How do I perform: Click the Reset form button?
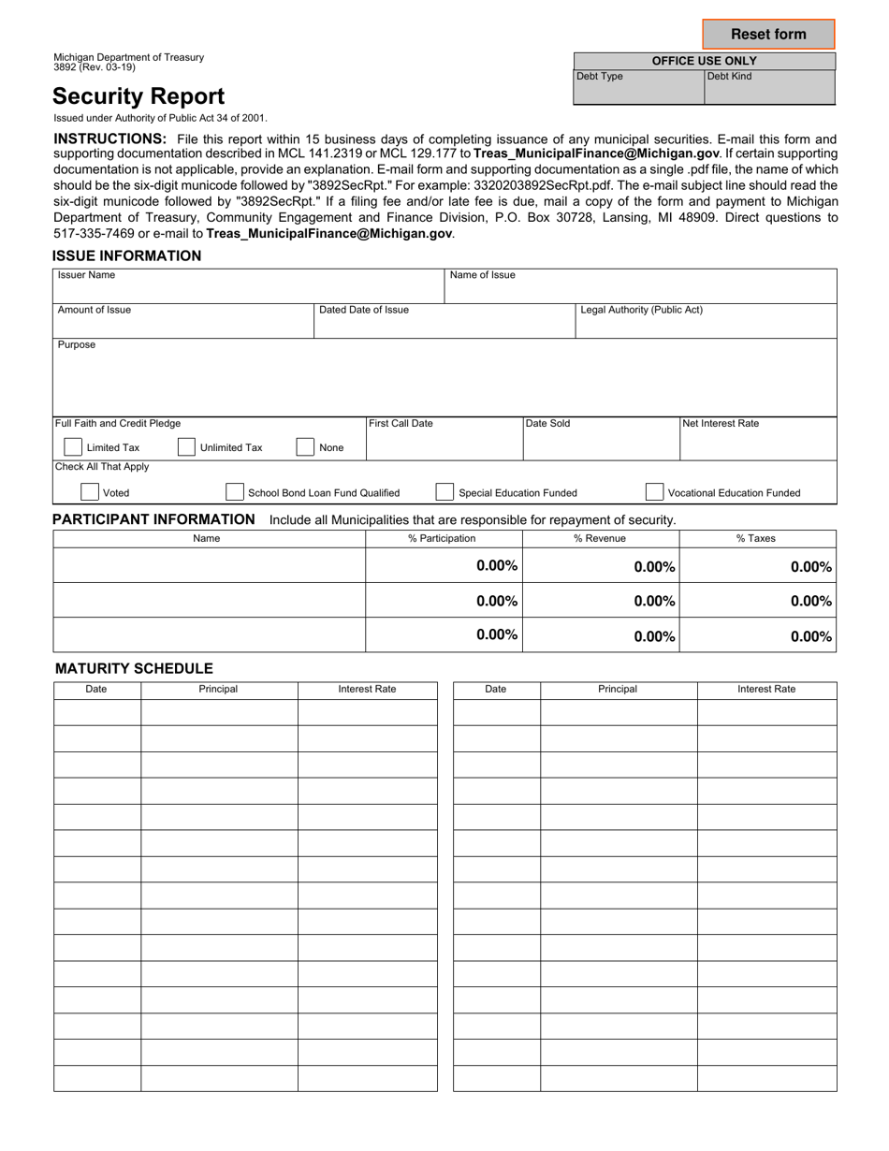click(768, 35)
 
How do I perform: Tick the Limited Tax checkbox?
click(72, 447)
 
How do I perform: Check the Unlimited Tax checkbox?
click(186, 447)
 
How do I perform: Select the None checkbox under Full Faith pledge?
click(305, 447)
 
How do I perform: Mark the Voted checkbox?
click(90, 492)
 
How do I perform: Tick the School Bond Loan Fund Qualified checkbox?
click(235, 492)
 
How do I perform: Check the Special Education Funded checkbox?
click(445, 492)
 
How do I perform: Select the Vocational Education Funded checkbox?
click(655, 492)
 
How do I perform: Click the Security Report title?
click(138, 96)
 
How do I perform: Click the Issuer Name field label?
click(87, 276)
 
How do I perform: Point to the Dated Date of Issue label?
click(364, 310)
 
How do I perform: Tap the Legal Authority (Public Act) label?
click(642, 310)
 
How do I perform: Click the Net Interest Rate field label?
click(721, 424)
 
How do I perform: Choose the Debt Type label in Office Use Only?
click(600, 77)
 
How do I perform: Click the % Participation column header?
click(442, 538)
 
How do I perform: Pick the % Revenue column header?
click(600, 538)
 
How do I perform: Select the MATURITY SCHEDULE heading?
click(134, 668)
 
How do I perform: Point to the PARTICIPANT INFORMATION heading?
click(153, 519)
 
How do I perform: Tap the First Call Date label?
click(401, 424)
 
